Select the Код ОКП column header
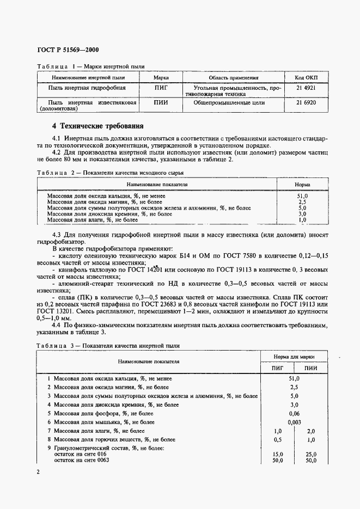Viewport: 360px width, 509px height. tap(306, 78)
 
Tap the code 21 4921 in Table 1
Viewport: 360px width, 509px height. tap(306, 88)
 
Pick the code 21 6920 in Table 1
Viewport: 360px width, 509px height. tap(306, 102)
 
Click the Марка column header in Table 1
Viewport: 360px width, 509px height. tap(161, 78)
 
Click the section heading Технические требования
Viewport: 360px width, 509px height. tap(97, 126)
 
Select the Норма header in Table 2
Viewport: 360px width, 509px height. tap(302, 185)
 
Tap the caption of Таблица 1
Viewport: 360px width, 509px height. tap(90, 66)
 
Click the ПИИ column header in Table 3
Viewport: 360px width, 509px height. tap(311, 368)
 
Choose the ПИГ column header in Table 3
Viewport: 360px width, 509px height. tap(278, 368)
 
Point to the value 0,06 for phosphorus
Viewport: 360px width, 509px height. tap(294, 413)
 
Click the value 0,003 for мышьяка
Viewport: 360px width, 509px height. tap(294, 422)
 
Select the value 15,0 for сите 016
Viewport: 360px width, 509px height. tap(278, 453)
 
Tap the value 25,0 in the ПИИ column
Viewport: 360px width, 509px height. tap(311, 453)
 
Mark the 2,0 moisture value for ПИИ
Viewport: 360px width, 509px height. tap(311, 431)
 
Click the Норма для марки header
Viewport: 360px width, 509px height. tap(294, 356)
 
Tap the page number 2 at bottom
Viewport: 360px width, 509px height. tap(38, 471)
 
